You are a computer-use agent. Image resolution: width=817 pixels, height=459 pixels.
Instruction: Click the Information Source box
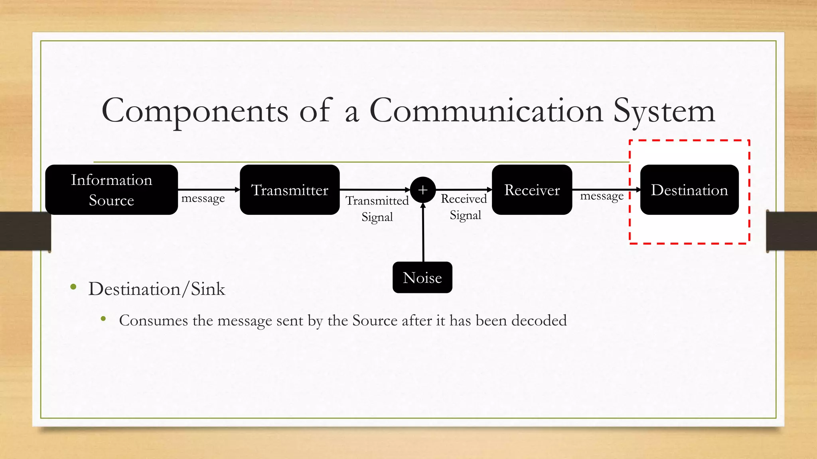point(111,190)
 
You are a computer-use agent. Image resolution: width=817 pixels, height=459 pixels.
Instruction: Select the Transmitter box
point(290,190)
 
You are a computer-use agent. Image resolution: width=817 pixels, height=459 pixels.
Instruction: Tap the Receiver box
point(532,190)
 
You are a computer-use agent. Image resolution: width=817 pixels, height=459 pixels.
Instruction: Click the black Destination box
point(689,190)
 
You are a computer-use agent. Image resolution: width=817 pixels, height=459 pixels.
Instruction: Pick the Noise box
point(422,277)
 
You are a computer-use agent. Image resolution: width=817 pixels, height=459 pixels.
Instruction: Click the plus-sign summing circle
point(422,190)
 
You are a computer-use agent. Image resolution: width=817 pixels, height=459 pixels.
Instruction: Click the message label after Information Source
point(203,198)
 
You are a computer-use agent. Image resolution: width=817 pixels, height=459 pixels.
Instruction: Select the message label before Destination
point(602,196)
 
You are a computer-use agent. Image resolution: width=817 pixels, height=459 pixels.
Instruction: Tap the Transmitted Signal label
point(377,208)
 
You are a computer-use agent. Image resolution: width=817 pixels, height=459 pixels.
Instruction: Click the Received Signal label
point(464,207)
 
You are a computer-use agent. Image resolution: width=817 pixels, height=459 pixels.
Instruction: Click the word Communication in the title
point(486,111)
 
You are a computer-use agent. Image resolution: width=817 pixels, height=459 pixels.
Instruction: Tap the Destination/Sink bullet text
point(157,289)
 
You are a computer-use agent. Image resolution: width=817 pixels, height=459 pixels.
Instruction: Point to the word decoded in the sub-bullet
point(539,320)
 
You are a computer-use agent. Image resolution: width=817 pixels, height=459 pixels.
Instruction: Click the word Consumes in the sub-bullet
point(153,320)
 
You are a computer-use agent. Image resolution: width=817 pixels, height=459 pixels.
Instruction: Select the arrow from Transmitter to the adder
point(374,190)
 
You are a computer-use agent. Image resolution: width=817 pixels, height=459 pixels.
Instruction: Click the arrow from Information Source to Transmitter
point(208,190)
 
